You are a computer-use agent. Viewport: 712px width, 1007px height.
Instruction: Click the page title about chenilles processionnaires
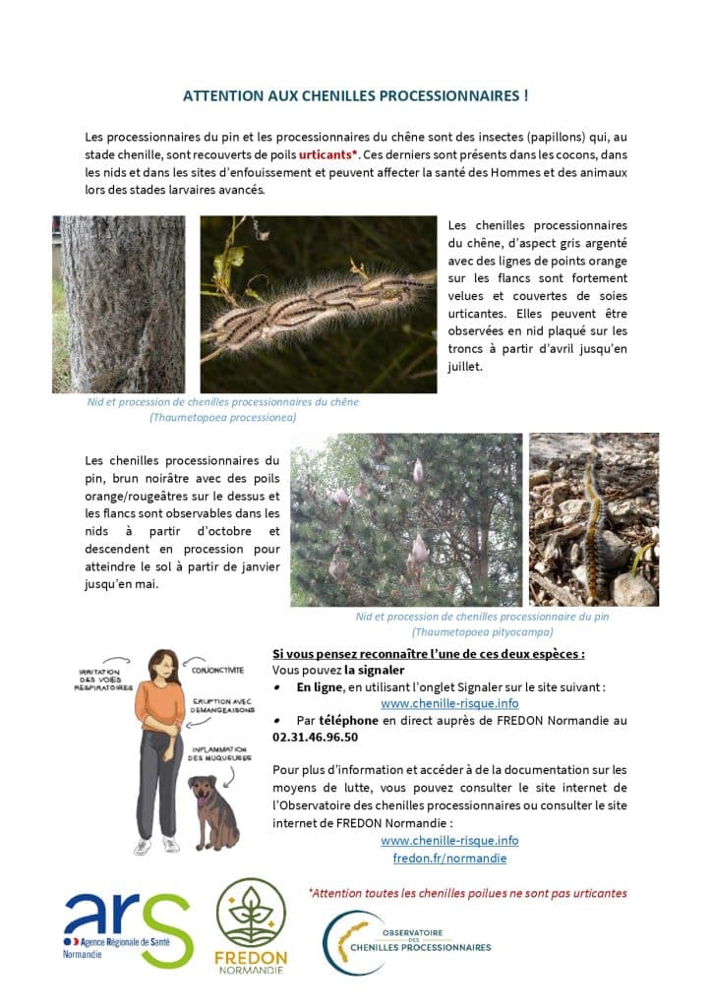click(x=356, y=96)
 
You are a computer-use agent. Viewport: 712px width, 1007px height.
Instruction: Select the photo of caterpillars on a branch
click(x=318, y=305)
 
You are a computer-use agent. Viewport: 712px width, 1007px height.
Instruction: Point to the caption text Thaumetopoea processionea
click(x=222, y=417)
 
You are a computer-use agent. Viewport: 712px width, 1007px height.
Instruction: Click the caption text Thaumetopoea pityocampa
click(x=482, y=632)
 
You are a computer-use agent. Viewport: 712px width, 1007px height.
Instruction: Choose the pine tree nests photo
click(x=406, y=519)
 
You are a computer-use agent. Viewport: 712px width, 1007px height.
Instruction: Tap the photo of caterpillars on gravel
click(x=593, y=519)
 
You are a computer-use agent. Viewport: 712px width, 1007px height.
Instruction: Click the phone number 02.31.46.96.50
click(x=315, y=737)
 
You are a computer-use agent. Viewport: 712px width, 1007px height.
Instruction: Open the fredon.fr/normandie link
click(x=449, y=858)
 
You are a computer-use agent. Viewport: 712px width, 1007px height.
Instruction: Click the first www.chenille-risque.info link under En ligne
click(x=449, y=704)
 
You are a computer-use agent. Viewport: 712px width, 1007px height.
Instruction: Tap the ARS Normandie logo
click(x=128, y=926)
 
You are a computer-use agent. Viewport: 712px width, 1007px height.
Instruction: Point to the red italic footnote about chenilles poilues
click(x=467, y=893)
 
